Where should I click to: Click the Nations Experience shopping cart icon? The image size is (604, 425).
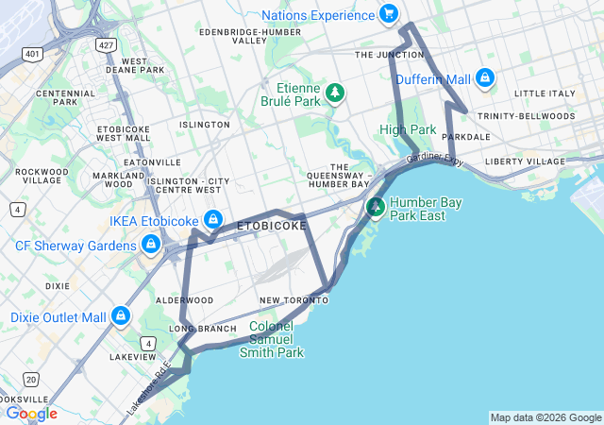click(x=388, y=14)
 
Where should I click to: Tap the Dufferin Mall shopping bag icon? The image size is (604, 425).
click(x=485, y=77)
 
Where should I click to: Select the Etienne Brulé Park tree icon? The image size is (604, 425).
click(x=334, y=92)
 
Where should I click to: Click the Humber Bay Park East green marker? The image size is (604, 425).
click(x=376, y=206)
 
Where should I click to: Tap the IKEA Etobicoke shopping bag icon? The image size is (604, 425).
click(x=213, y=219)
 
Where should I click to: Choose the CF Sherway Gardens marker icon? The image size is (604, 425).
click(x=150, y=246)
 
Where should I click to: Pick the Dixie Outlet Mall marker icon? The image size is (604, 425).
click(x=121, y=316)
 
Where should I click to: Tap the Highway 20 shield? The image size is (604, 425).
click(x=31, y=379)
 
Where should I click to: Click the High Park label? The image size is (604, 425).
click(x=408, y=128)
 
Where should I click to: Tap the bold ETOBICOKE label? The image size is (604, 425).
click(x=271, y=227)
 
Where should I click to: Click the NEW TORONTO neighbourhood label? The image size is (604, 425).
click(x=294, y=300)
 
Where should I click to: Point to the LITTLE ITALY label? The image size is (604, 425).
click(x=545, y=93)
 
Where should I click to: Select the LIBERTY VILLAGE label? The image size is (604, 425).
click(x=524, y=161)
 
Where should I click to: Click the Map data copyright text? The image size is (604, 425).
click(x=545, y=417)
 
